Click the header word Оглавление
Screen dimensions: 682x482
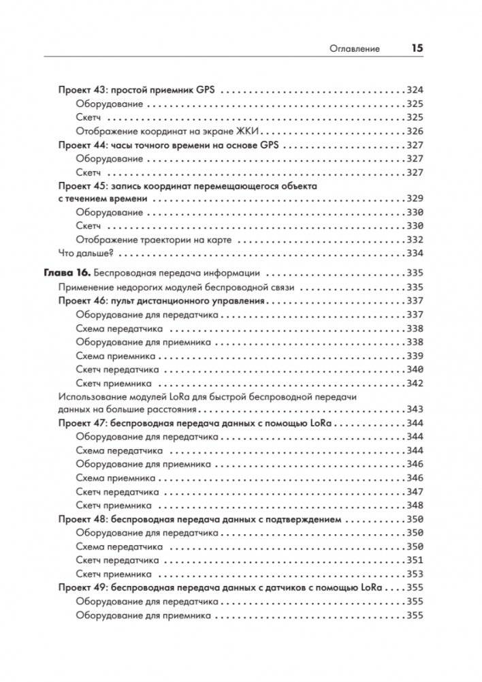coord(354,49)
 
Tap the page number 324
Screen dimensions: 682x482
coord(415,90)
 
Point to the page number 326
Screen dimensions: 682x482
coord(415,131)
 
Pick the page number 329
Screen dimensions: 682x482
coord(415,199)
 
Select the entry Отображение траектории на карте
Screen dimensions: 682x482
coord(154,240)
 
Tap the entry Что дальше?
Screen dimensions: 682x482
coord(84,253)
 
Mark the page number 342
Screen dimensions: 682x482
coord(415,383)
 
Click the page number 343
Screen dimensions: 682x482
coord(415,409)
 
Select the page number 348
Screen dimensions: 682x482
coord(415,505)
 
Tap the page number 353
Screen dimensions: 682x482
coord(415,574)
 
